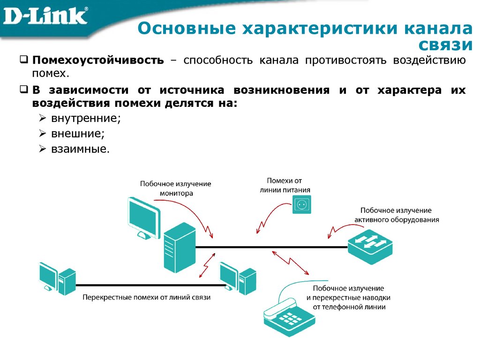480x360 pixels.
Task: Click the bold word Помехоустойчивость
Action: click(98, 60)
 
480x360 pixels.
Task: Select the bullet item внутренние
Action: click(86, 118)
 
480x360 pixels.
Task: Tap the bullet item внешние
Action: click(77, 133)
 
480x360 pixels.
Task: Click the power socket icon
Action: click(302, 205)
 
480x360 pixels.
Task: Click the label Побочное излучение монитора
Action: click(176, 188)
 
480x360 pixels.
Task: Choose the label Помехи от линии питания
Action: click(285, 185)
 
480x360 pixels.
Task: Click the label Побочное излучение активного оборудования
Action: click(397, 215)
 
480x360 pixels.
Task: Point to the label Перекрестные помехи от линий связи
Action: click(147, 297)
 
